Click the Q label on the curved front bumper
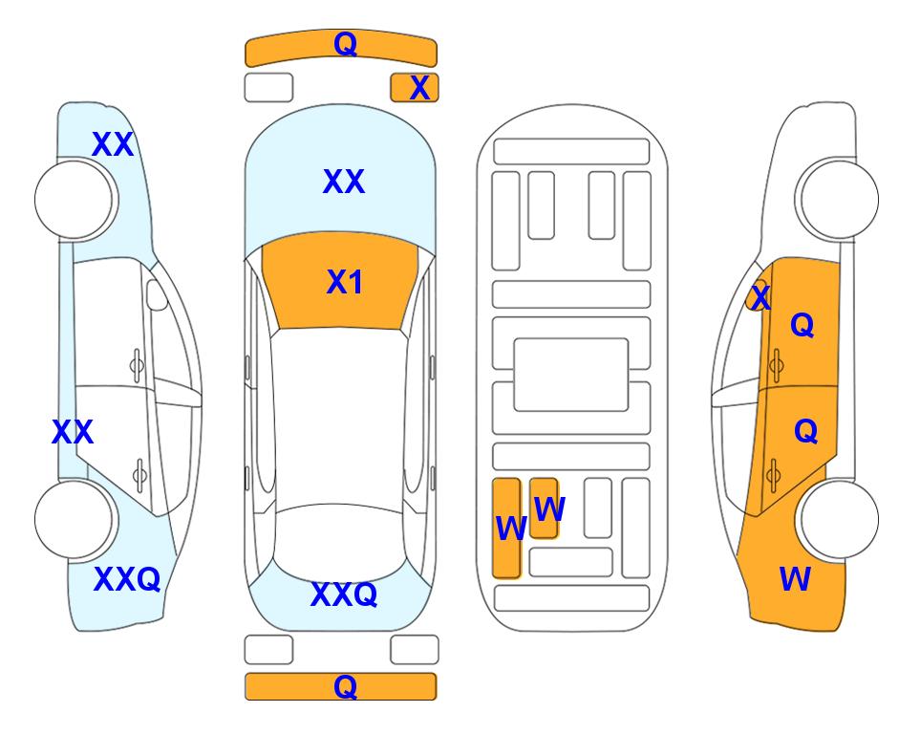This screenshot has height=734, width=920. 345,43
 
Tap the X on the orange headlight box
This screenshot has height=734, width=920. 419,88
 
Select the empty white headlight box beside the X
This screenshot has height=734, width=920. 268,88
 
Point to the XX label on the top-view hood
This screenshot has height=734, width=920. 344,182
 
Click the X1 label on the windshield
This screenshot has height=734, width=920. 345,282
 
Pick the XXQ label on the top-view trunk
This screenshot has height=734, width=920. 344,594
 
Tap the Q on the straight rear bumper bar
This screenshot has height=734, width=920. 345,686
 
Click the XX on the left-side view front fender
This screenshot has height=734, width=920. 113,144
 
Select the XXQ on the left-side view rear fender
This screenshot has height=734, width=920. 127,579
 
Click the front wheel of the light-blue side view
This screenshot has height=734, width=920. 75,200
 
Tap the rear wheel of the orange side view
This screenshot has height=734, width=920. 839,519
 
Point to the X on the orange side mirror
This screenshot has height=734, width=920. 760,296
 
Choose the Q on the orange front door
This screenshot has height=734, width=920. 802,324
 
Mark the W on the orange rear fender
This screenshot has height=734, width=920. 795,579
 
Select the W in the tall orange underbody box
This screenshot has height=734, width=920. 511,528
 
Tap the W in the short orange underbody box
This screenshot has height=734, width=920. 549,508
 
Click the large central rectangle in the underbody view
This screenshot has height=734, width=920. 571,375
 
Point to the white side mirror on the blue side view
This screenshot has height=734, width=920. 157,294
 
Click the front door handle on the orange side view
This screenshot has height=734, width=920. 777,365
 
